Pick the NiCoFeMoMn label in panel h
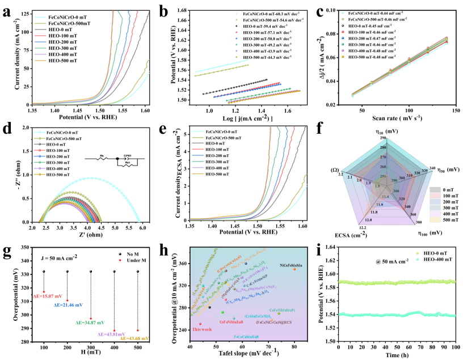291,263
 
